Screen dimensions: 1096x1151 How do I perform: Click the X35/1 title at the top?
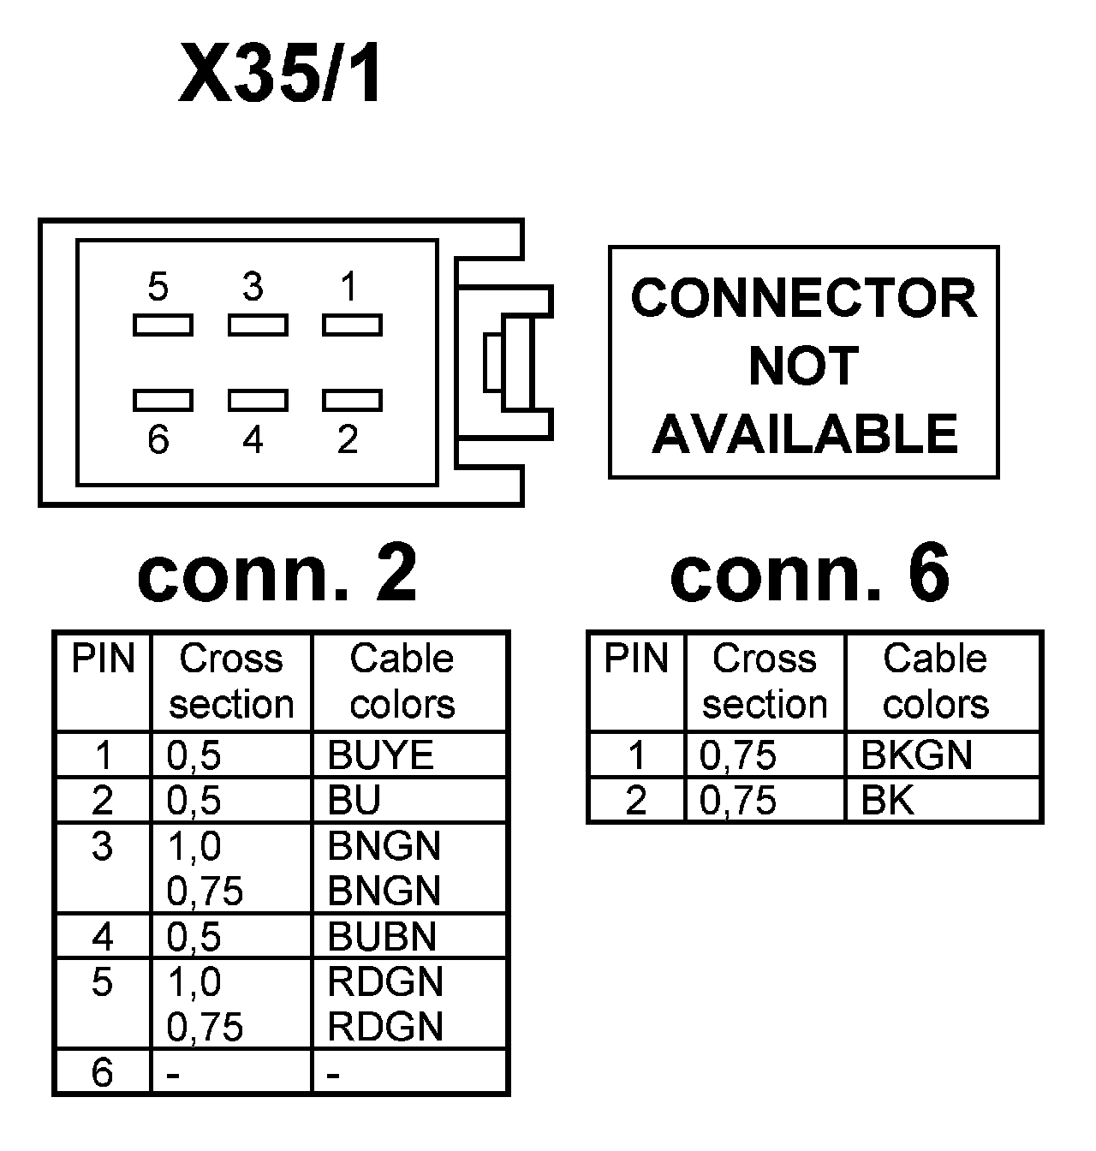[x=281, y=73]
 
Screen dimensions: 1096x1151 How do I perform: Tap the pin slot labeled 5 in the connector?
[x=163, y=325]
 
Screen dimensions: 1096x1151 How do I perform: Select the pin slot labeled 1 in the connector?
[x=353, y=325]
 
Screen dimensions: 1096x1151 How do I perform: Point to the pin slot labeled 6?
[x=163, y=401]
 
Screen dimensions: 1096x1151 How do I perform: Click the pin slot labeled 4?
[x=258, y=401]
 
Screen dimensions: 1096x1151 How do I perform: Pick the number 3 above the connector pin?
[x=253, y=287]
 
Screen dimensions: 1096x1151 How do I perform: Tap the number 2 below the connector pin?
[x=348, y=439]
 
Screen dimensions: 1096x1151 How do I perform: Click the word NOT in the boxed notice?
[x=803, y=366]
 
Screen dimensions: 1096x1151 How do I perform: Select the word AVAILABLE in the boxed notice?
[x=804, y=434]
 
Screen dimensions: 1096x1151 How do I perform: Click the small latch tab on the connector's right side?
[x=492, y=362]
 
